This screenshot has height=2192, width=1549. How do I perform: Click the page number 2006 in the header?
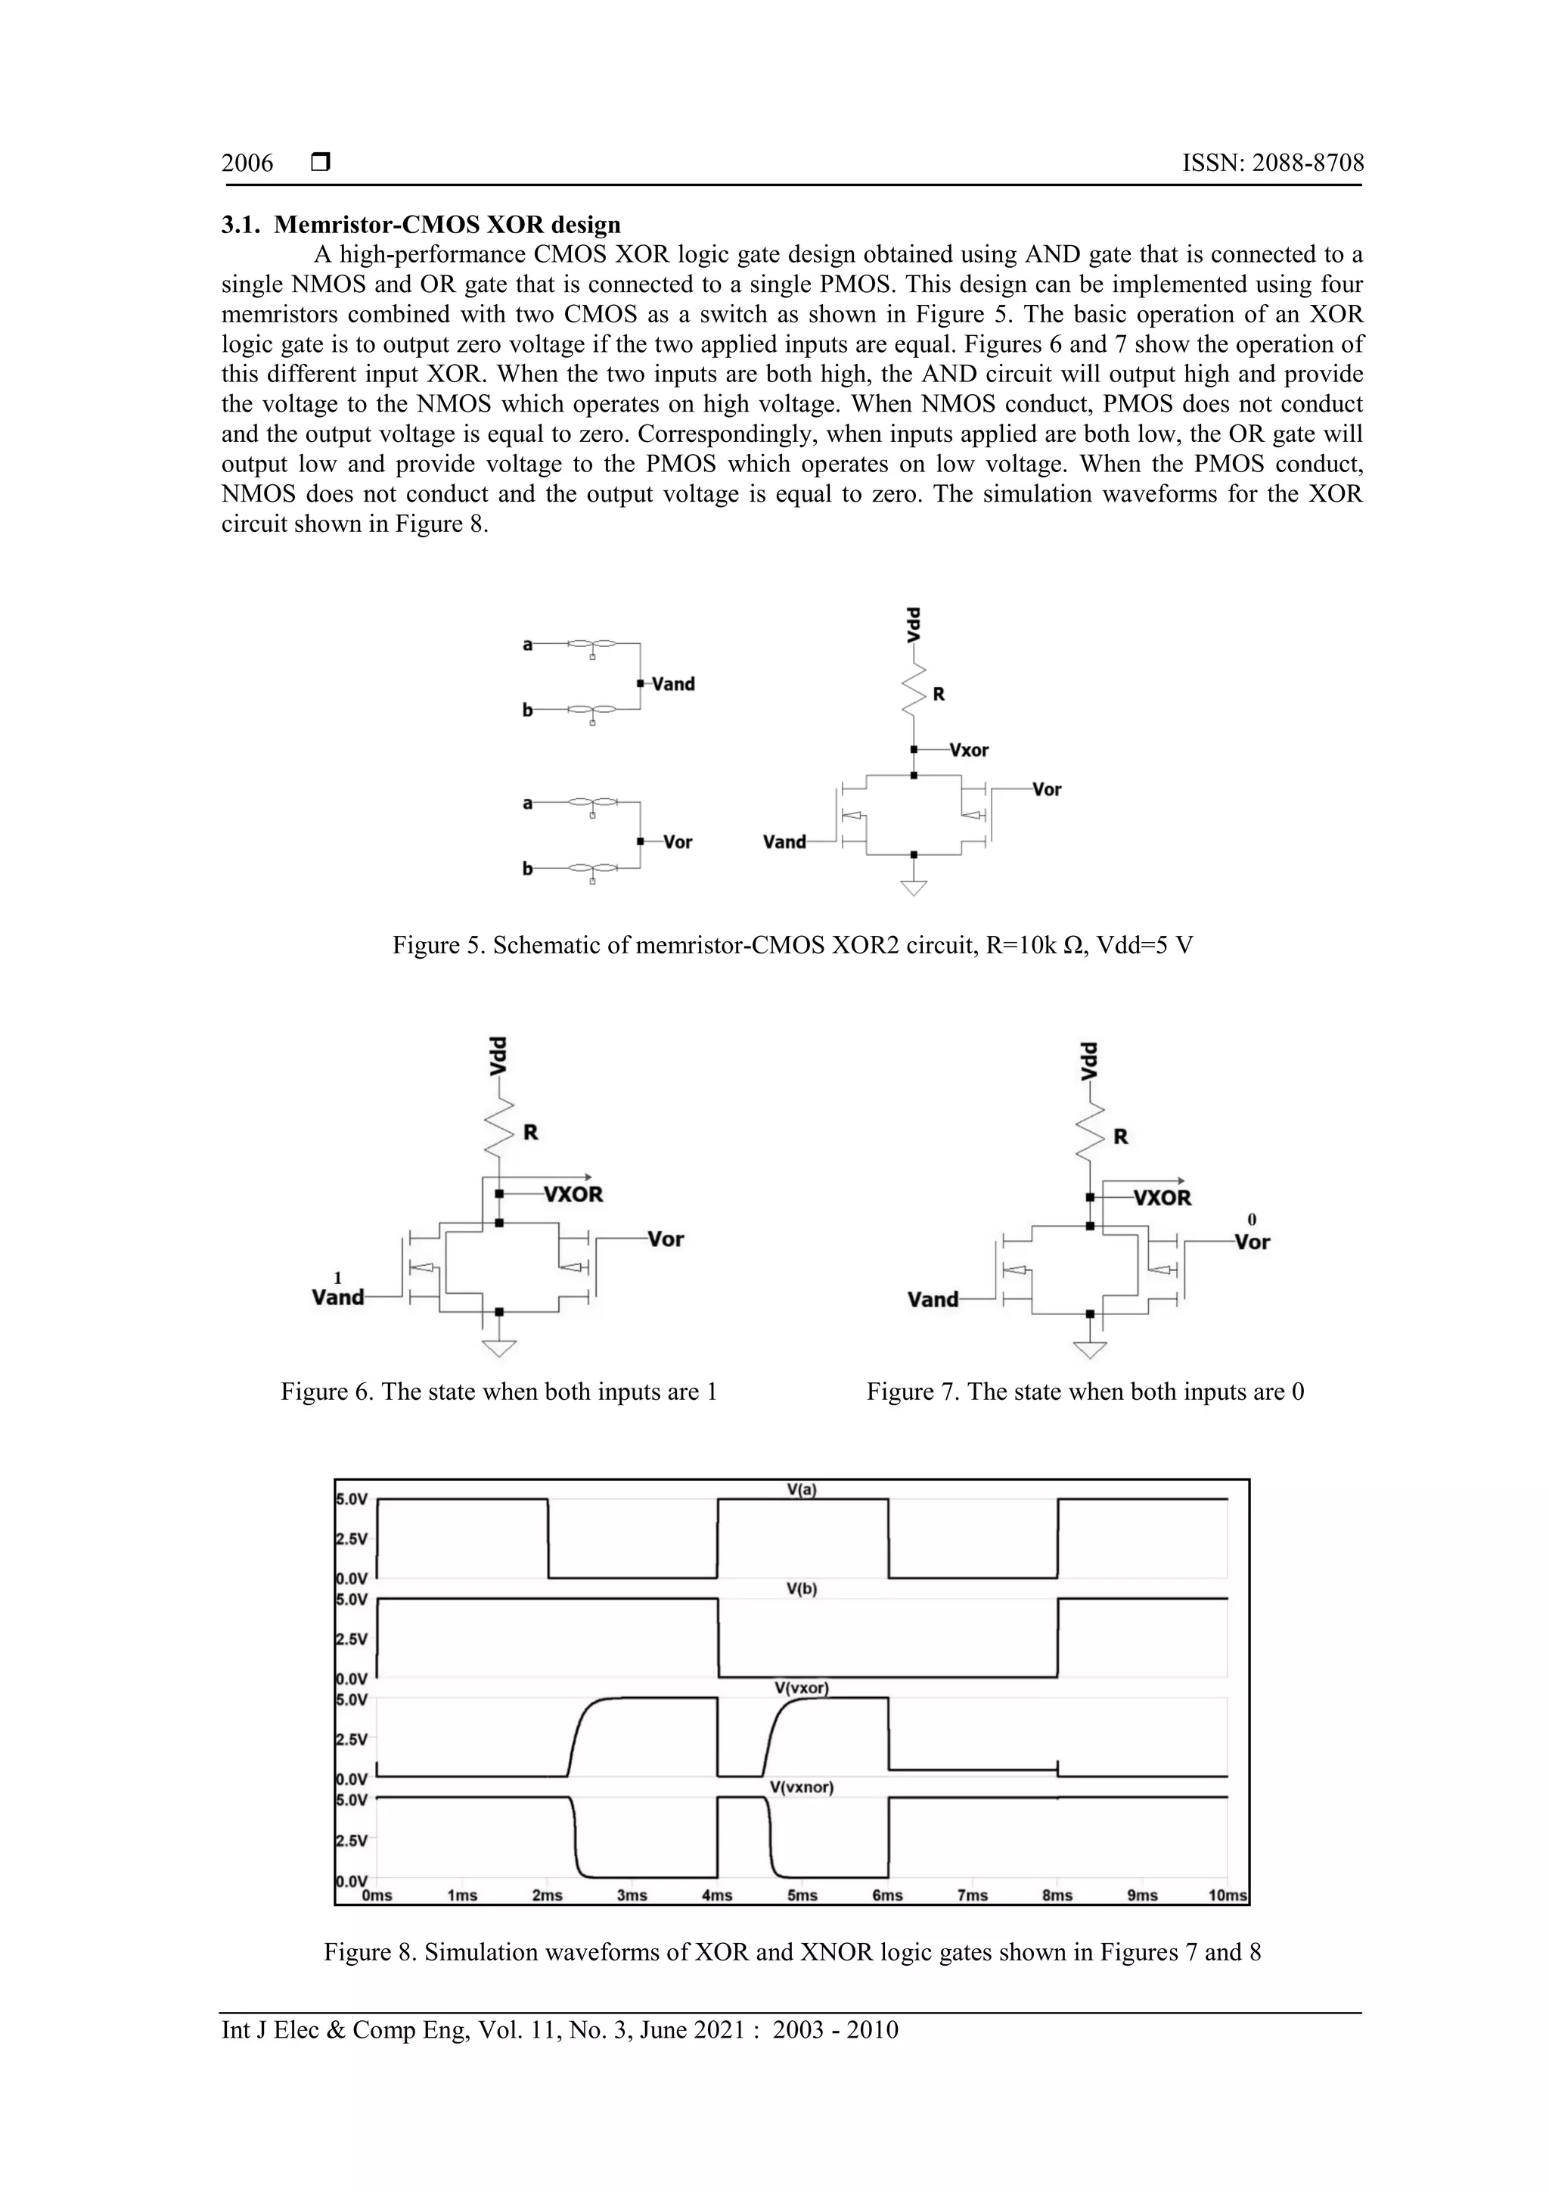[x=247, y=163]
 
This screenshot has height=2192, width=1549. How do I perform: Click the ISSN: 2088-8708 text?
[x=1272, y=163]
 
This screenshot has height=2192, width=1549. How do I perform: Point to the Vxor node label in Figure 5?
[x=969, y=751]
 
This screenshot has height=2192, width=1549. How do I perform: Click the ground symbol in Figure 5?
[x=914, y=887]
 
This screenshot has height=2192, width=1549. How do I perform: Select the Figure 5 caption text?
[x=792, y=945]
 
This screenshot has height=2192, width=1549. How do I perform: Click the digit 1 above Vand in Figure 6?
[x=337, y=1277]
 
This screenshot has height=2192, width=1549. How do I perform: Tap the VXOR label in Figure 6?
[x=573, y=1194]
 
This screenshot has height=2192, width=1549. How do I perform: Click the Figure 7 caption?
[x=1085, y=1392]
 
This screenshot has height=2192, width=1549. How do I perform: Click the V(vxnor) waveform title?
[x=802, y=1787]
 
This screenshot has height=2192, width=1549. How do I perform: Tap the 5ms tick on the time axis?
[x=802, y=1896]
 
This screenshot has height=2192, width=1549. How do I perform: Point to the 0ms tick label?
[x=377, y=1896]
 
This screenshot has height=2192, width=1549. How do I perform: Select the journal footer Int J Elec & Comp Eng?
[x=559, y=2030]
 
